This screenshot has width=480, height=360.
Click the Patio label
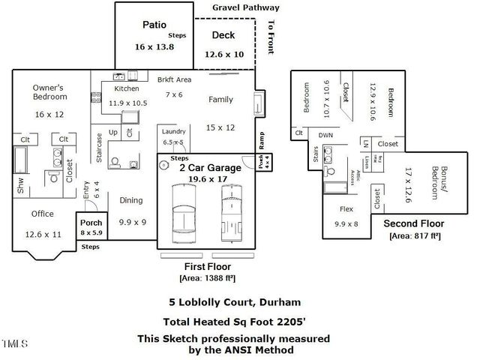[x=154, y=25]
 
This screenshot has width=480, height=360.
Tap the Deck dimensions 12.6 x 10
[x=223, y=54]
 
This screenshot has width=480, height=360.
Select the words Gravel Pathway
[x=245, y=7]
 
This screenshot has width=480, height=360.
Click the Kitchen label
[x=127, y=88]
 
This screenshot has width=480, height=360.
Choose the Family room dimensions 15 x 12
[x=220, y=127]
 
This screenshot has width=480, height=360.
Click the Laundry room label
[x=174, y=131]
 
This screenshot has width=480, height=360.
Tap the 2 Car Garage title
[x=210, y=168]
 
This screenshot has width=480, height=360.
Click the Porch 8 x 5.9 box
[x=91, y=226]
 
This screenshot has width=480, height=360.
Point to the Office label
[x=42, y=214]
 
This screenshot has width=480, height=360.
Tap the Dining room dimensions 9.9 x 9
[x=132, y=222]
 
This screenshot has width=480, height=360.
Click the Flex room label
[x=346, y=209]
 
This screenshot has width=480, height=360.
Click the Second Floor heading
[x=414, y=223]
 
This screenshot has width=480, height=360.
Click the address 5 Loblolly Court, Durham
[x=234, y=302]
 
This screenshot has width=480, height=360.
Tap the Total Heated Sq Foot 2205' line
[x=233, y=321]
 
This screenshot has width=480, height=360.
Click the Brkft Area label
[x=174, y=79]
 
